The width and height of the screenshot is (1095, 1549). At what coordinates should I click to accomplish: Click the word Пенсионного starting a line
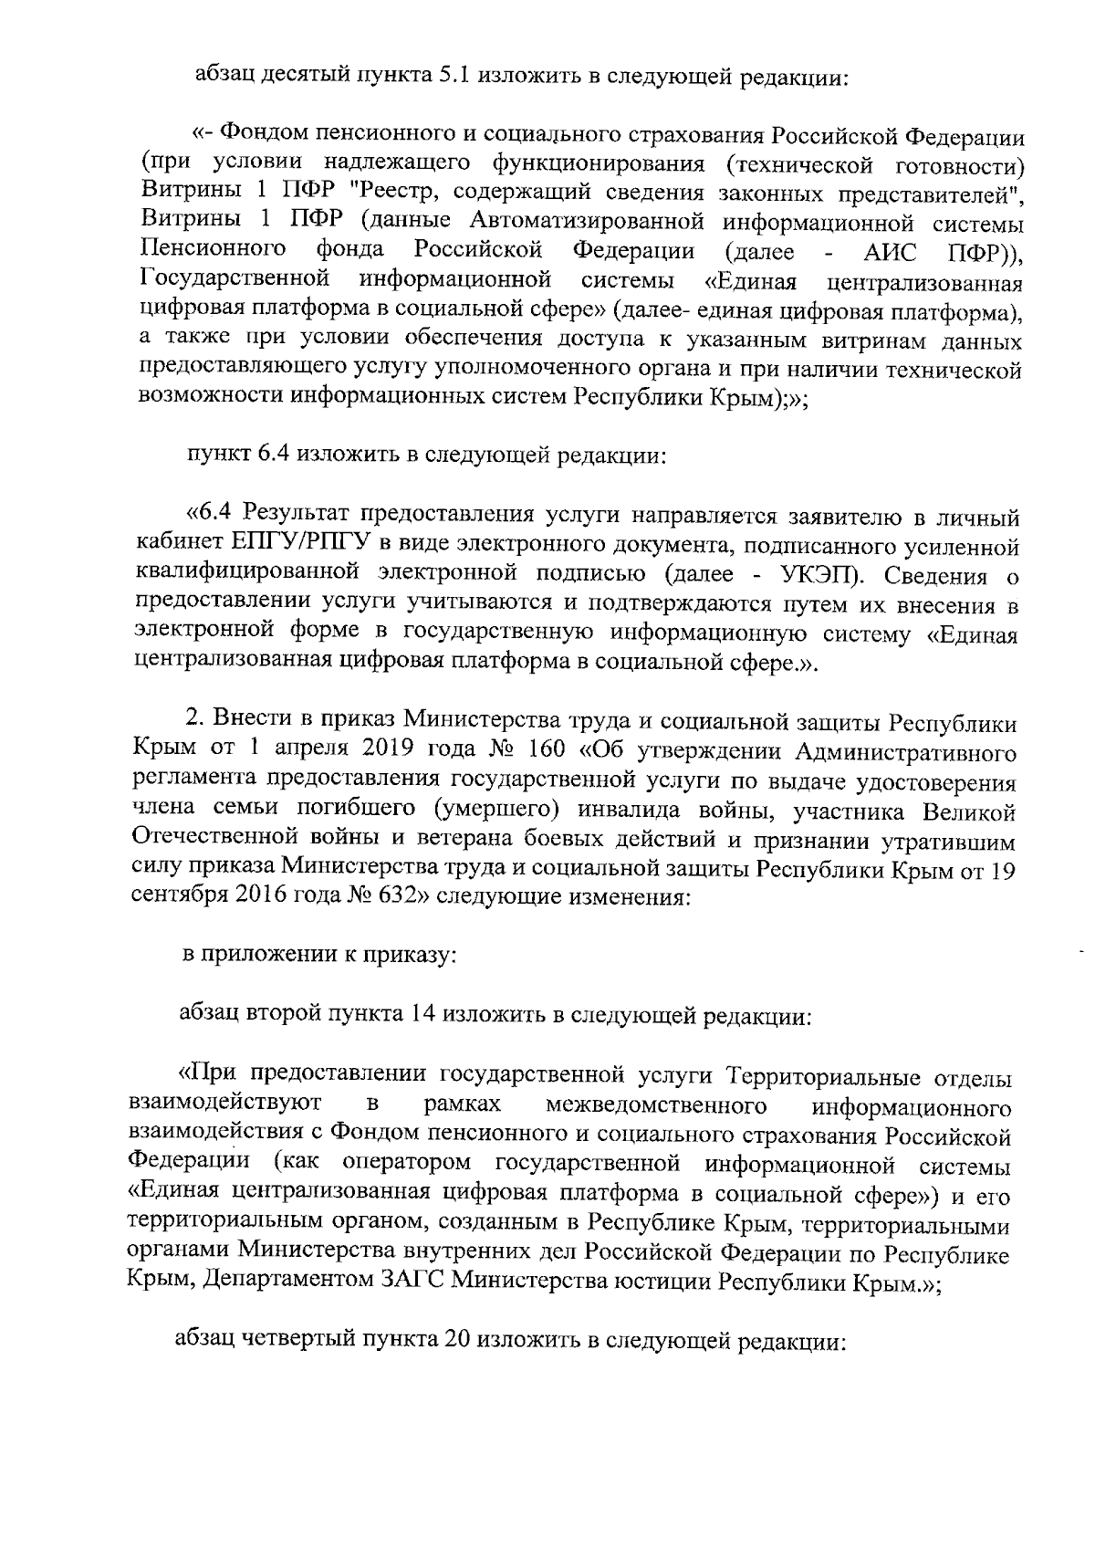(214, 250)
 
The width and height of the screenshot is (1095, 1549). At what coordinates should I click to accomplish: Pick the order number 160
(547, 752)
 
